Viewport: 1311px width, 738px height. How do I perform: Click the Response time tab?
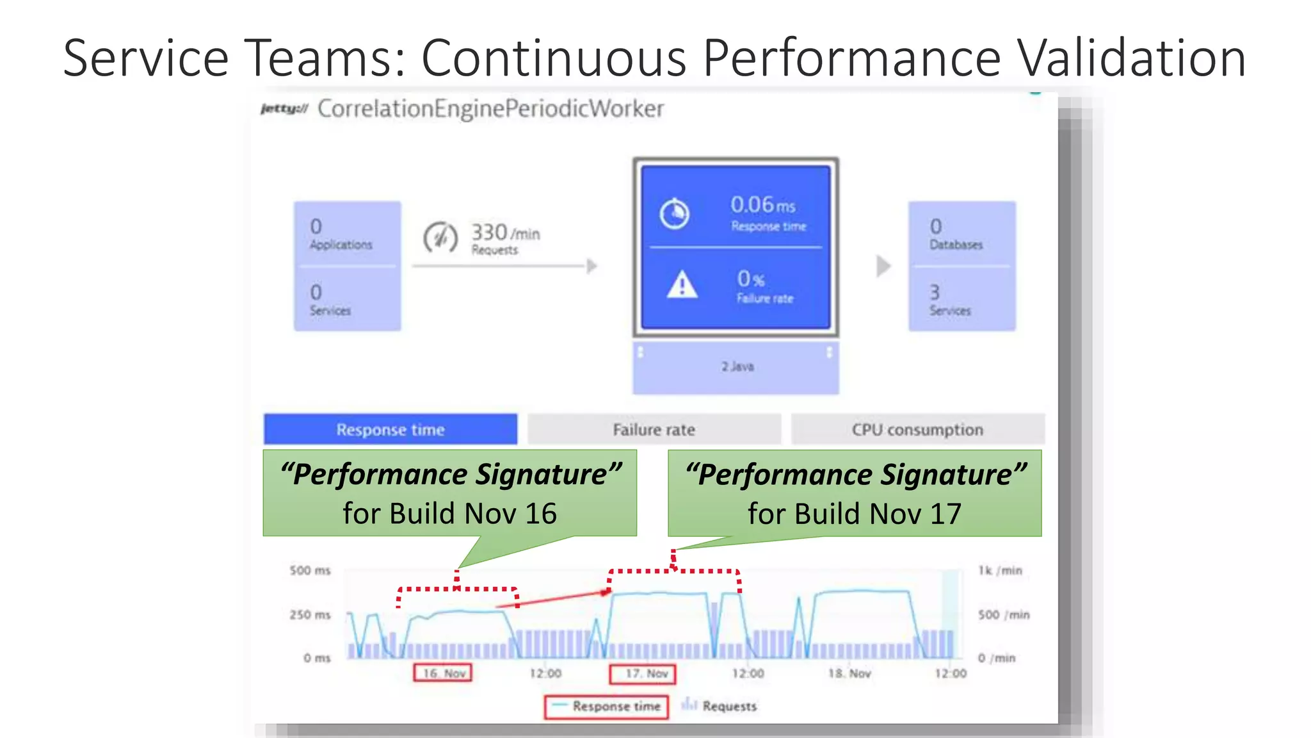[x=390, y=429]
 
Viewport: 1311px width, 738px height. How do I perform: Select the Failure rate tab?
[x=654, y=429]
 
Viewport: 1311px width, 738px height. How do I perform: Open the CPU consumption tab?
[x=917, y=429]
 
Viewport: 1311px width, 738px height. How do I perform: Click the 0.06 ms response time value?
[x=762, y=205]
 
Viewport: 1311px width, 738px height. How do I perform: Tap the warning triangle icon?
[x=682, y=284]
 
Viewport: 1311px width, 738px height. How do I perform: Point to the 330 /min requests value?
[x=505, y=233]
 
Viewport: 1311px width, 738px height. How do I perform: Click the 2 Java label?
[x=737, y=366]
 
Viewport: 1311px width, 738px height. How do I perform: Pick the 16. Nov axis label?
[x=443, y=673]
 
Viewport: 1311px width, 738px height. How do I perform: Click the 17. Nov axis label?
[x=646, y=673]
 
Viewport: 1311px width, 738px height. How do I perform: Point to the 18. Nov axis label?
[x=849, y=673]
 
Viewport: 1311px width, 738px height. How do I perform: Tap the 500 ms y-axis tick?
[x=310, y=570]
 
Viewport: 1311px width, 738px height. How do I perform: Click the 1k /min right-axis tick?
[x=1000, y=570]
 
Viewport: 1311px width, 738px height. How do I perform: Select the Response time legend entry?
[x=607, y=706]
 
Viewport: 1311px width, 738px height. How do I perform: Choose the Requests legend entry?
[x=720, y=706]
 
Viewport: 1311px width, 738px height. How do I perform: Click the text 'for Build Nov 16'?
[x=449, y=513]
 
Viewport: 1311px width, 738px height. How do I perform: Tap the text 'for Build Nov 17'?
[x=854, y=513]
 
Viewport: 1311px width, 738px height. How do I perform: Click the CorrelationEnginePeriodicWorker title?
[x=490, y=109]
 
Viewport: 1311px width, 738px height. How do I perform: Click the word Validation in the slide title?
[x=1131, y=58]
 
